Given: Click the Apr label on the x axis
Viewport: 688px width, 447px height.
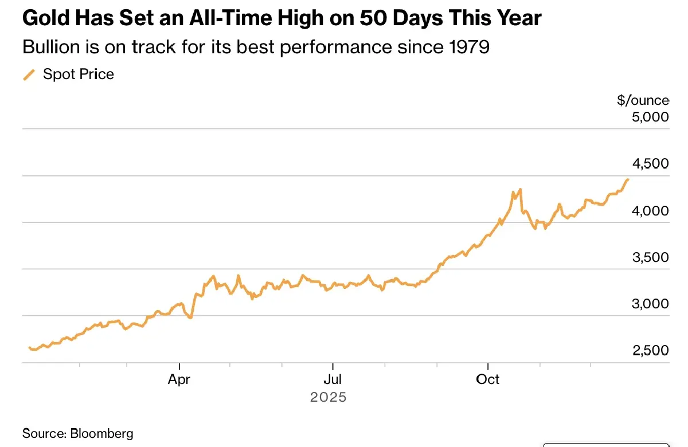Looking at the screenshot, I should pyautogui.click(x=179, y=379).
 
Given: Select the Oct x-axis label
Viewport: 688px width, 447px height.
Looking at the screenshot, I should pyautogui.click(x=487, y=379).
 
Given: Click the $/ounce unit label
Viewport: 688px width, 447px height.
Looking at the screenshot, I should pyautogui.click(x=643, y=100).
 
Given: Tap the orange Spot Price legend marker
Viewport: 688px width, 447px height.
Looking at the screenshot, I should pyautogui.click(x=29, y=74).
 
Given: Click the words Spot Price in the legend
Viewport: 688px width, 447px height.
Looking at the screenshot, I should pyautogui.click(x=79, y=74).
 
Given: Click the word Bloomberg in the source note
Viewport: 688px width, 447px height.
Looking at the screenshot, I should pyautogui.click(x=101, y=433).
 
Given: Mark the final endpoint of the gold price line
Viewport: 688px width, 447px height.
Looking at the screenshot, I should pyautogui.click(x=628, y=179).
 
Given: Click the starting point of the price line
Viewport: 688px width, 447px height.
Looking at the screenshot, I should pyautogui.click(x=29, y=347).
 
